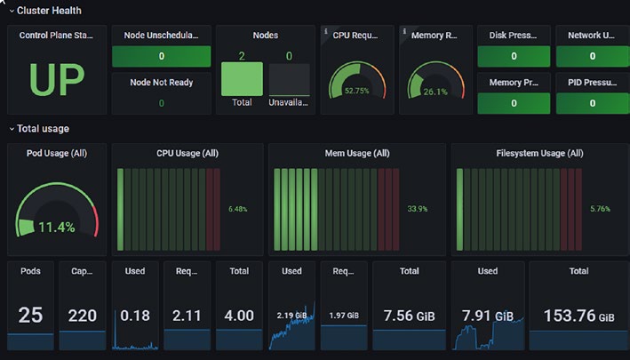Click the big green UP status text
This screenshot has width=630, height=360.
pyautogui.click(x=57, y=79)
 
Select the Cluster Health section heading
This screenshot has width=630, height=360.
pyautogui.click(x=49, y=11)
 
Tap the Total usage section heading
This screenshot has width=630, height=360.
pyautogui.click(x=43, y=129)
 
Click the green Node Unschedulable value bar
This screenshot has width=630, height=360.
pyautogui.click(x=161, y=56)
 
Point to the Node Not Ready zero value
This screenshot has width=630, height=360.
pyautogui.click(x=162, y=103)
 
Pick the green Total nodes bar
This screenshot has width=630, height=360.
pyautogui.click(x=242, y=79)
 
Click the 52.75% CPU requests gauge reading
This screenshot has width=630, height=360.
pyautogui.click(x=357, y=91)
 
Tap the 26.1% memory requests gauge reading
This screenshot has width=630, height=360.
pyautogui.click(x=435, y=92)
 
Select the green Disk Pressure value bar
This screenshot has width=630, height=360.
pyautogui.click(x=514, y=56)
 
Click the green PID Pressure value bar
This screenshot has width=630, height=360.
pyautogui.click(x=593, y=103)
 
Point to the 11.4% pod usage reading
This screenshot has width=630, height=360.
pyautogui.click(x=57, y=228)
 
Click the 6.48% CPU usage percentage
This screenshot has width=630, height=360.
pyautogui.click(x=238, y=209)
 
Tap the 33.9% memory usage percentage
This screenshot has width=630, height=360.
pyautogui.click(x=418, y=209)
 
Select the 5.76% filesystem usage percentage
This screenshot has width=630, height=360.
pyautogui.click(x=601, y=209)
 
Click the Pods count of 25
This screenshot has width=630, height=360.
pyautogui.click(x=30, y=315)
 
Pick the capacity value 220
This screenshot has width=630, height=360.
pyautogui.click(x=83, y=316)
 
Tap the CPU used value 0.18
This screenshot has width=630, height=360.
pyautogui.click(x=135, y=316)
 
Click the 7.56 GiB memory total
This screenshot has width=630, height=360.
pyautogui.click(x=409, y=316)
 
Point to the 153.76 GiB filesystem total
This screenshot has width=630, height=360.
pyautogui.click(x=579, y=316)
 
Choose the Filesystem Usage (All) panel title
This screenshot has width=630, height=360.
pyautogui.click(x=539, y=153)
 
